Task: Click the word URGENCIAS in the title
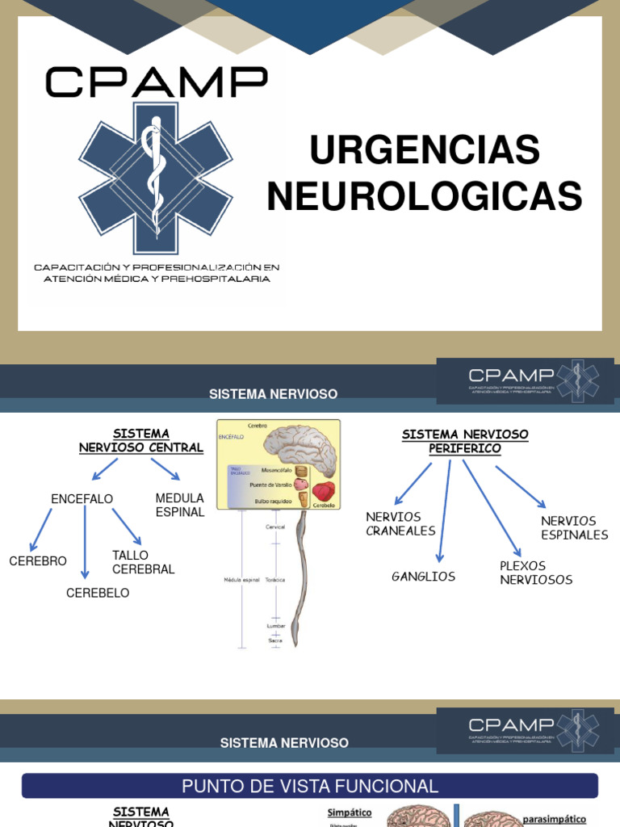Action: [x=425, y=151]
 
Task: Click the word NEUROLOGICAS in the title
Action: [x=425, y=197]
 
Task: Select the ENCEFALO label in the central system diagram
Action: [x=82, y=499]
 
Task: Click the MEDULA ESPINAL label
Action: [x=180, y=505]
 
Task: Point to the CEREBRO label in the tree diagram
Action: [x=38, y=561]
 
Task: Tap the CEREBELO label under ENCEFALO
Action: [x=98, y=593]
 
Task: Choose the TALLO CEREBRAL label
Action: [x=144, y=562]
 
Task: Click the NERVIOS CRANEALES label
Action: [x=400, y=523]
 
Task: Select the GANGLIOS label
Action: [x=423, y=577]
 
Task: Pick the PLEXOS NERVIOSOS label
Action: [x=536, y=573]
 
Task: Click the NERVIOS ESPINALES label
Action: [x=574, y=527]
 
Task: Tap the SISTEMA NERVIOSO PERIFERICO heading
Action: [x=465, y=441]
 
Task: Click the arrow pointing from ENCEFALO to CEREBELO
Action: [x=85, y=541]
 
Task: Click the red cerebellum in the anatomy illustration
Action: [x=324, y=491]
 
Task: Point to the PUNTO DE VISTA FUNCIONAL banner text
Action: [x=310, y=786]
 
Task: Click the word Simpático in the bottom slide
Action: [x=349, y=812]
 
